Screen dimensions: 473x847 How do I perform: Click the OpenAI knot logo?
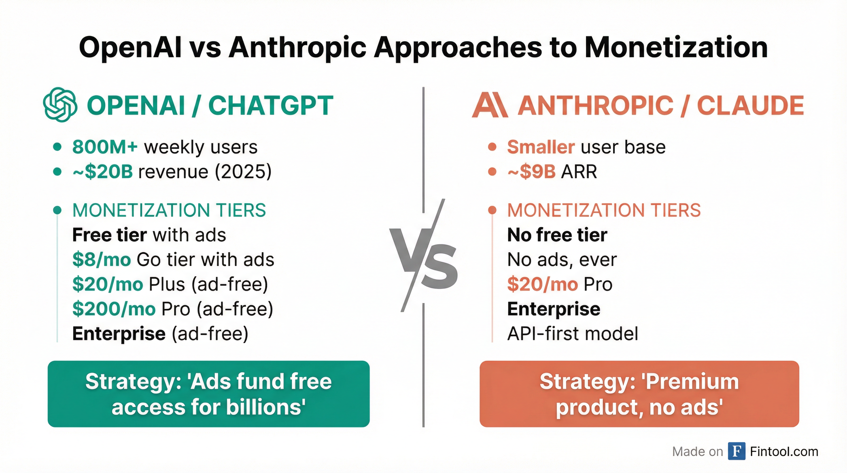pos(60,105)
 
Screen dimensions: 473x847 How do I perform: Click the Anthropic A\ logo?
pos(490,105)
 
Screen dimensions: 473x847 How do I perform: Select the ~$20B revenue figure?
pos(102,172)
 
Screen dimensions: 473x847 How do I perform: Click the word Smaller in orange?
pos(541,147)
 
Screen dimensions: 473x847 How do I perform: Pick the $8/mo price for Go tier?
pos(102,260)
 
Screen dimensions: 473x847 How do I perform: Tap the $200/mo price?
pos(114,309)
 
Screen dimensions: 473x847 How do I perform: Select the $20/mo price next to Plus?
pos(107,284)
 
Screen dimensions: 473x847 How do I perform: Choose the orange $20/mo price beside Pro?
pos(543,284)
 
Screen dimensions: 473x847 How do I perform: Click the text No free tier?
pos(557,235)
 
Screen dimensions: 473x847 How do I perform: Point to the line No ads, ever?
pos(562,260)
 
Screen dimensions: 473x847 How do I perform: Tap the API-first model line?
pos(572,334)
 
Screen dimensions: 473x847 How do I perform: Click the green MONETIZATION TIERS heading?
pos(169,210)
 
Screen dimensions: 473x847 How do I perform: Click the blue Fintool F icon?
pos(737,451)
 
